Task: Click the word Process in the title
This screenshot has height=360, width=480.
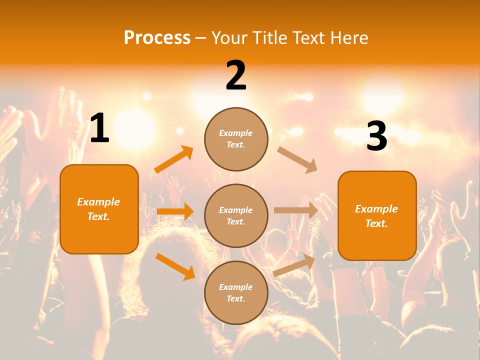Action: (157, 38)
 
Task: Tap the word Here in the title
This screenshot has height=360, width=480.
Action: (348, 38)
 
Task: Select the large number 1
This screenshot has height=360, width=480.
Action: (99, 128)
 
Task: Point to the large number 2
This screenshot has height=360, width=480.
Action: (236, 75)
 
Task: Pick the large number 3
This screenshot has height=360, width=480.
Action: (376, 136)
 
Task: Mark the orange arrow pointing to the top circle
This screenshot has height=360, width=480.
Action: (173, 159)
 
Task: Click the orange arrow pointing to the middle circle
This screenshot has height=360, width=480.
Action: (175, 211)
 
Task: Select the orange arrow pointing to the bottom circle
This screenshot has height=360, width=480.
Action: (175, 266)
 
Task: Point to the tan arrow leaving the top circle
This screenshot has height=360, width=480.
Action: (297, 159)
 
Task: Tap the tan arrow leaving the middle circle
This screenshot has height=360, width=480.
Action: (296, 210)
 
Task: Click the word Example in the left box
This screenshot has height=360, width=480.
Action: (98, 202)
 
